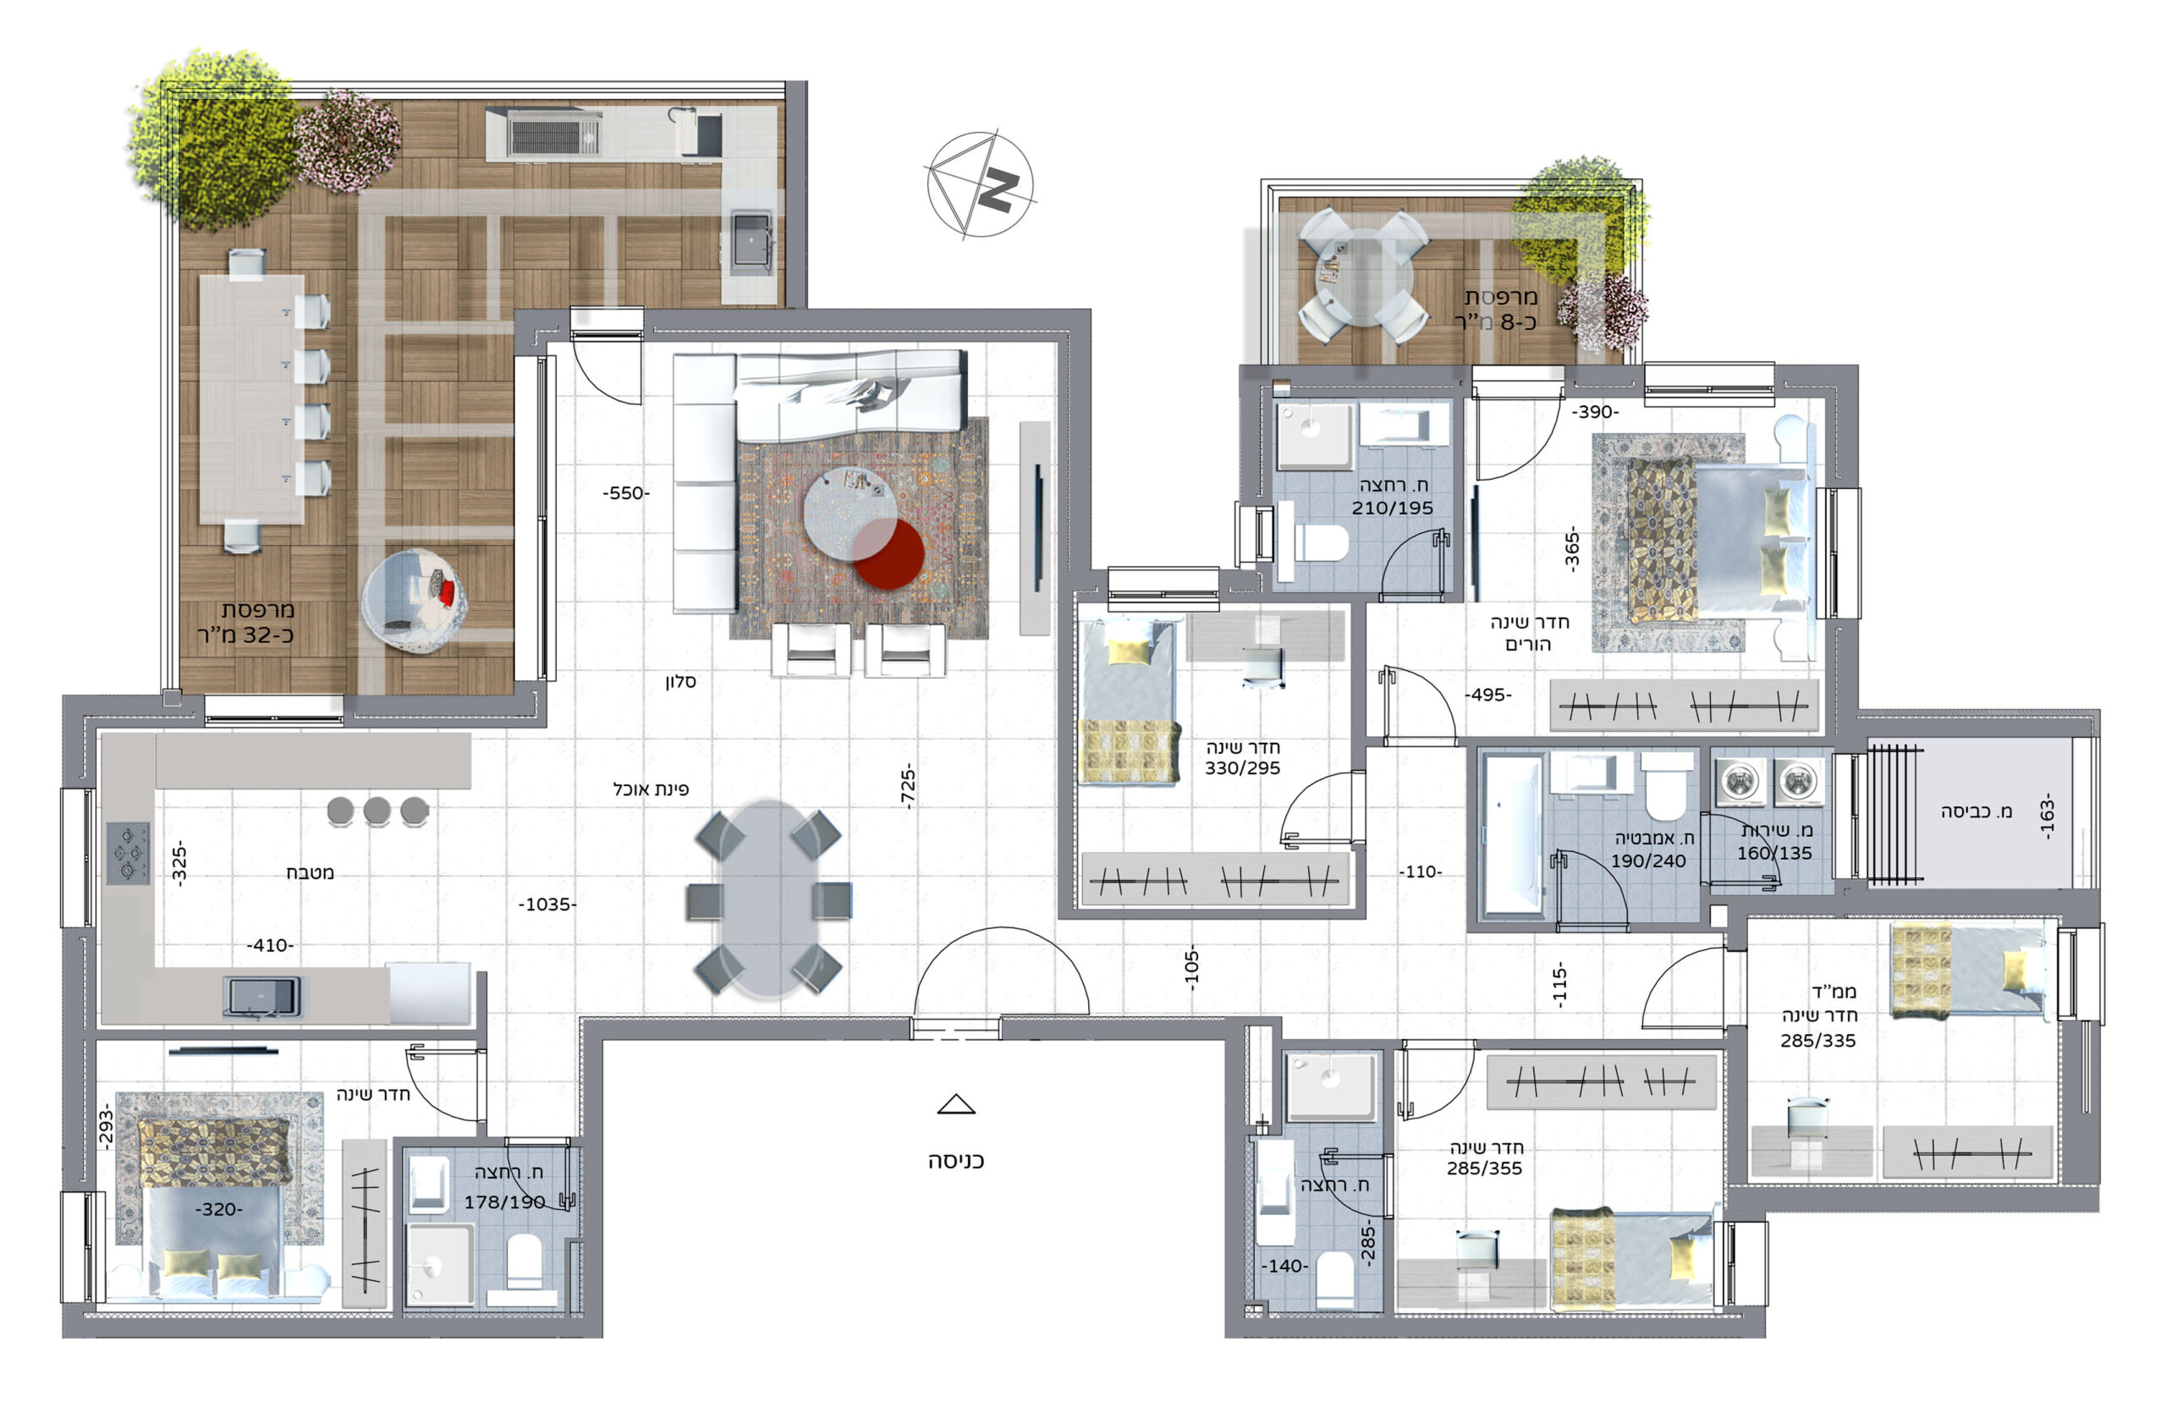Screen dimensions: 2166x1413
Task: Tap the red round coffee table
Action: [x=888, y=553]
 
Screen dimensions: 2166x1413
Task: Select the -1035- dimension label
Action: [x=547, y=904]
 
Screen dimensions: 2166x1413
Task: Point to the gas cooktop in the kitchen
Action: [x=128, y=854]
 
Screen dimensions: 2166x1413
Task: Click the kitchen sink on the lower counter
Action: [x=261, y=995]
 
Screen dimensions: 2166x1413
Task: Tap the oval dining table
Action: [x=769, y=898]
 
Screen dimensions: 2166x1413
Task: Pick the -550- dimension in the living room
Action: [x=626, y=493]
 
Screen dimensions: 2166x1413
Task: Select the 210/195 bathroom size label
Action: [x=1392, y=508]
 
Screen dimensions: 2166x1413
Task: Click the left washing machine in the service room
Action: [x=1740, y=781]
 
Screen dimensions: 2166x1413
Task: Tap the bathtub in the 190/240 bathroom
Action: [x=1512, y=834]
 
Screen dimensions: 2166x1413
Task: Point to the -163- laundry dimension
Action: [x=2047, y=816]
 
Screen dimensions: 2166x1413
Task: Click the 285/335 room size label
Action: [x=1817, y=1040]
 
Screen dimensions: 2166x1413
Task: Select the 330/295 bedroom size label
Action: [x=1242, y=768]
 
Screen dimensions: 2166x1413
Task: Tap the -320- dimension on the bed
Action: [x=218, y=1209]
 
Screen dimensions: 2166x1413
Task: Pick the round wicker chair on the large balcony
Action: [x=414, y=599]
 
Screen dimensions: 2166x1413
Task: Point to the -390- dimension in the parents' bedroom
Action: [x=1596, y=412]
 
